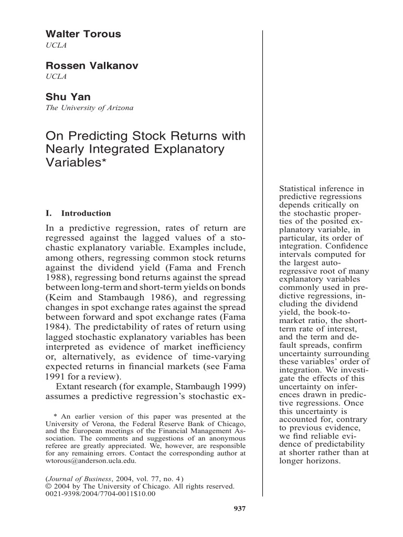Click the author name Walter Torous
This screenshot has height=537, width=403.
[x=83, y=34]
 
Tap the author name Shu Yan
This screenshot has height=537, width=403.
[x=69, y=96]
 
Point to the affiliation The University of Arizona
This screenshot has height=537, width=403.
[x=90, y=108]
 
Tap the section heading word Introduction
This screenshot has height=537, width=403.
[x=86, y=213]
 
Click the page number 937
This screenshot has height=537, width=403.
[x=239, y=508]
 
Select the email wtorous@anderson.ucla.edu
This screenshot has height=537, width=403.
[x=91, y=461]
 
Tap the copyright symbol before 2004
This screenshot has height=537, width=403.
[x=49, y=486]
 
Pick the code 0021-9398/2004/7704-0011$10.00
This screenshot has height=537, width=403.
[x=101, y=495]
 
